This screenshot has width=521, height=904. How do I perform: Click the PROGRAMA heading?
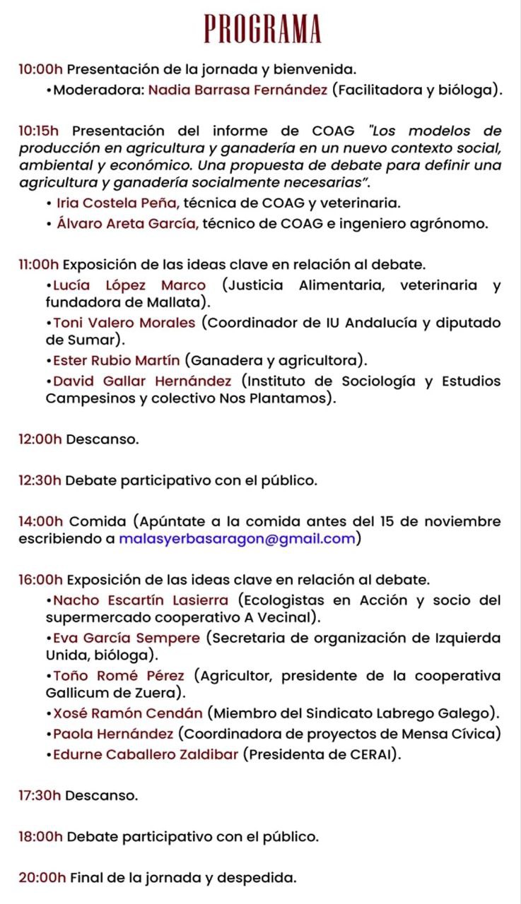(262, 29)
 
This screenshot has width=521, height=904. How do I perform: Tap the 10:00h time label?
(41, 70)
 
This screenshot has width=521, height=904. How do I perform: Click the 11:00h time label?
(40, 265)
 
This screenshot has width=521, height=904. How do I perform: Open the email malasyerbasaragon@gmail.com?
(237, 539)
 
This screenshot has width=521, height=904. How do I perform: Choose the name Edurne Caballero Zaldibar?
(146, 754)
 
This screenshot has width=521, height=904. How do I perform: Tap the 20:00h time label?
(42, 879)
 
